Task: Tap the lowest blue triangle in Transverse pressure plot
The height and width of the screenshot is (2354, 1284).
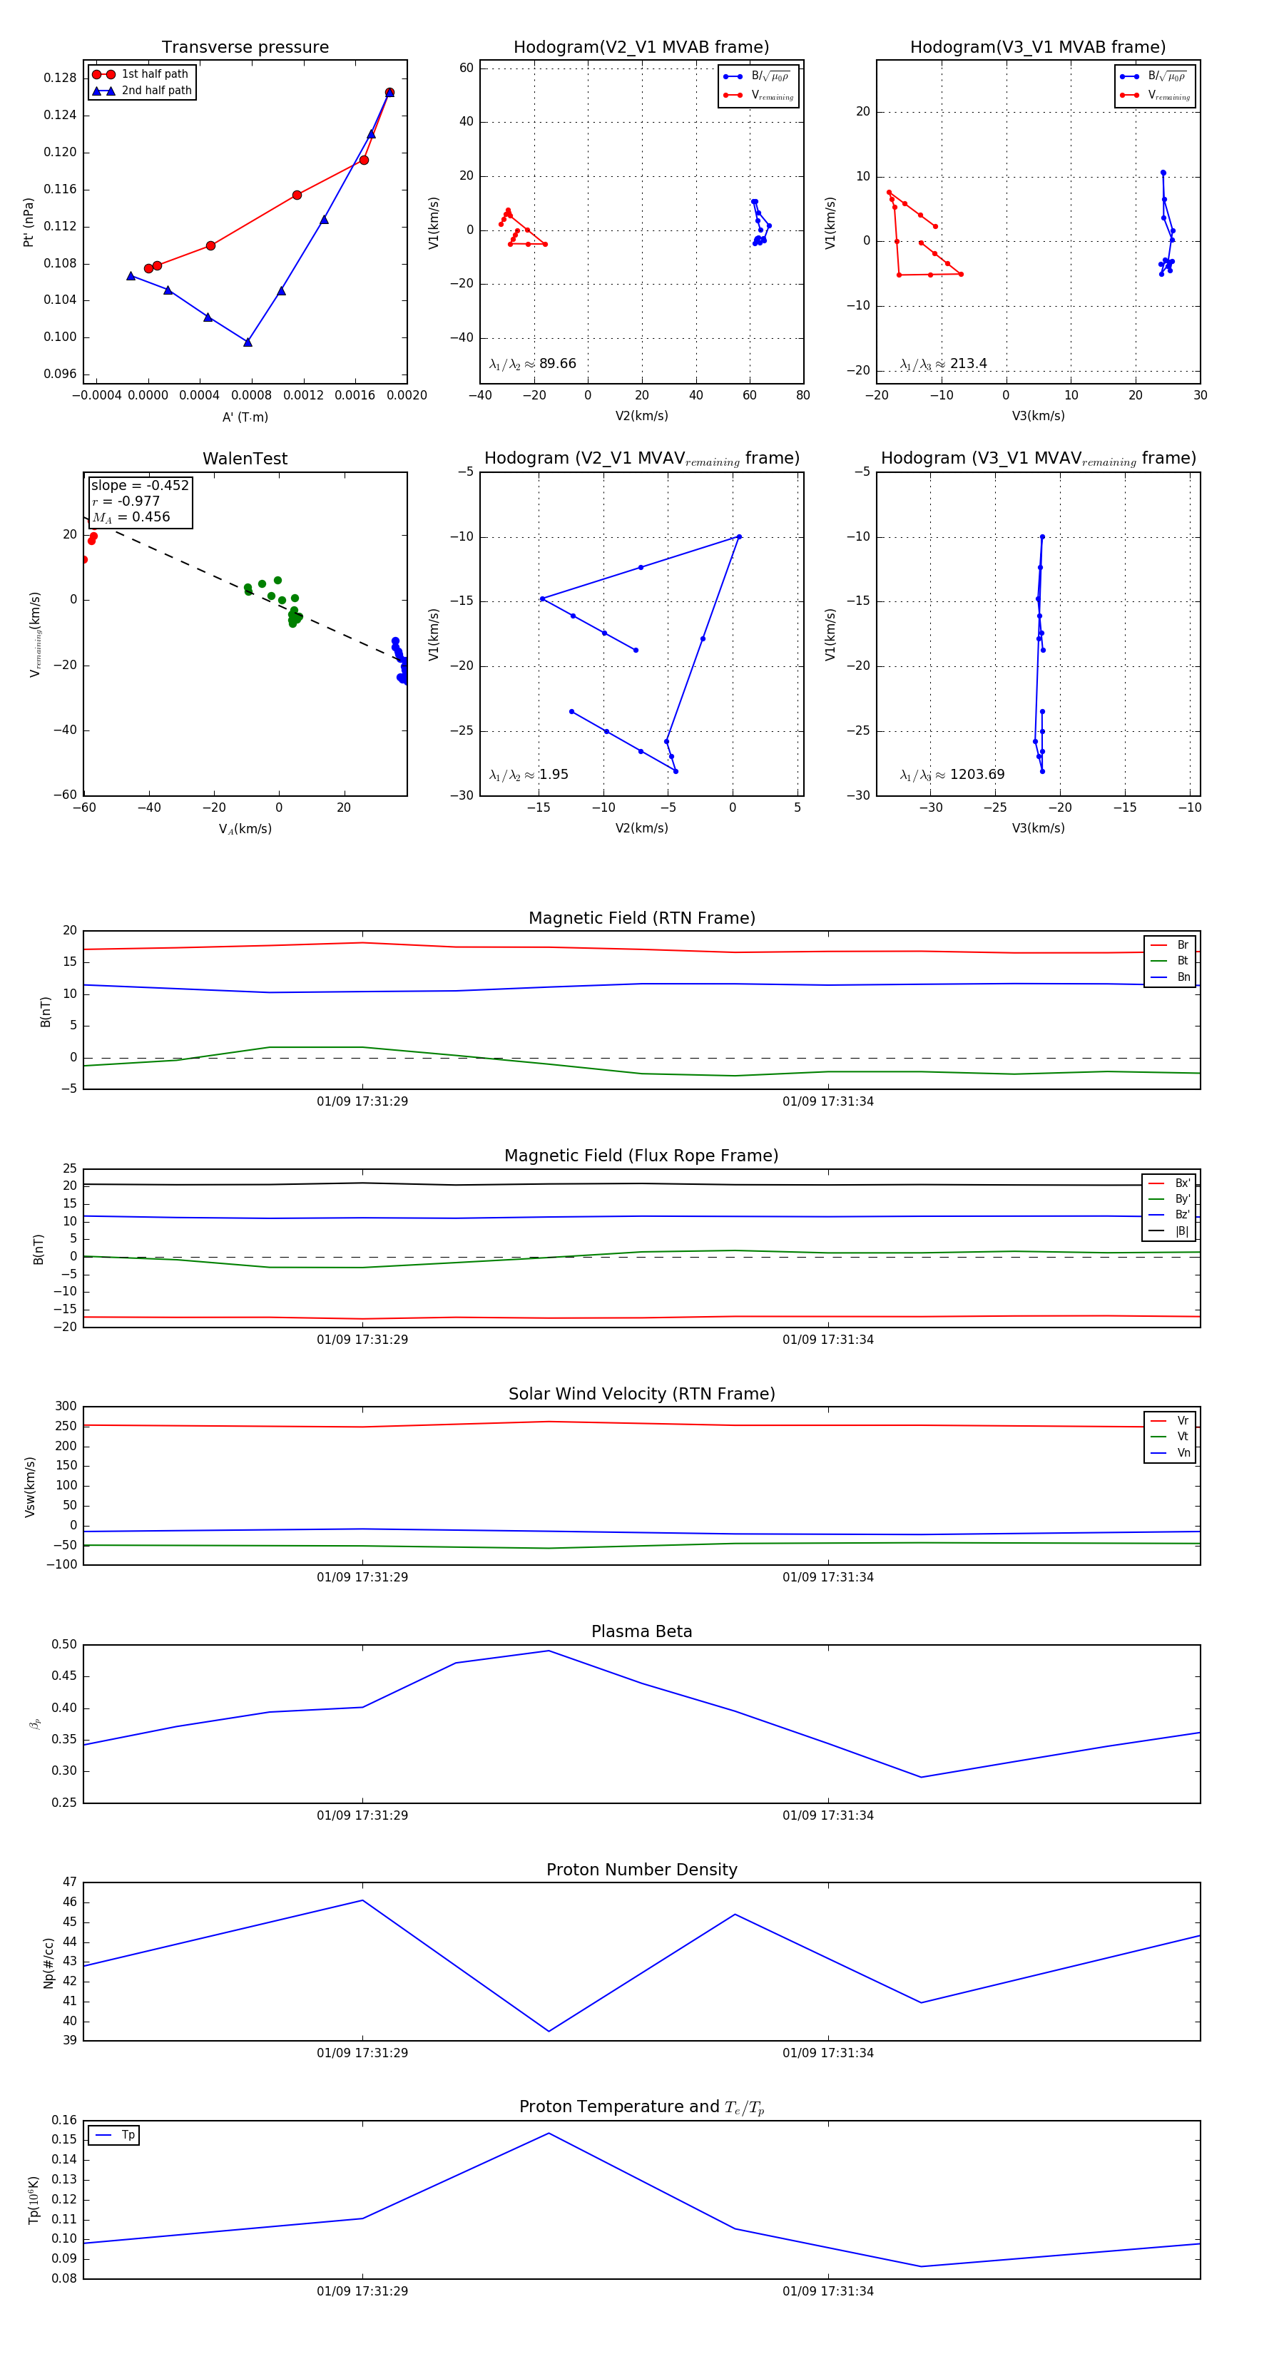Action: tap(248, 342)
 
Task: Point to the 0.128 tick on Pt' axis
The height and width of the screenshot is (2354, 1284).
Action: tap(61, 78)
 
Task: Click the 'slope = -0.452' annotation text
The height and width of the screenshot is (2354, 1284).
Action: tap(140, 485)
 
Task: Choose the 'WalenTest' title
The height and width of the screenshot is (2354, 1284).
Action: tap(245, 459)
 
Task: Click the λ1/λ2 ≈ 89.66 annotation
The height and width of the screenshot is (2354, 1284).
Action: tap(533, 364)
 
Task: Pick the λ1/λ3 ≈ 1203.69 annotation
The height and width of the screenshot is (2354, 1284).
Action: tap(952, 775)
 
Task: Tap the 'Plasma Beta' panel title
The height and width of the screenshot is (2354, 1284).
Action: tap(641, 1631)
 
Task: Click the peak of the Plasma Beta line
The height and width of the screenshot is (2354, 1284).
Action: tap(549, 1651)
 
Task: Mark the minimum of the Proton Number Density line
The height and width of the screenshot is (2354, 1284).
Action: tap(549, 2032)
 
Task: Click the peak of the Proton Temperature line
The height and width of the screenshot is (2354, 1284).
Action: tap(549, 2133)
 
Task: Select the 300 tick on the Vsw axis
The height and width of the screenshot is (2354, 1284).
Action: tap(66, 1407)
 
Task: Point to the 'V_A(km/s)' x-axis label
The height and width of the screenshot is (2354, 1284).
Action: tap(245, 829)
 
